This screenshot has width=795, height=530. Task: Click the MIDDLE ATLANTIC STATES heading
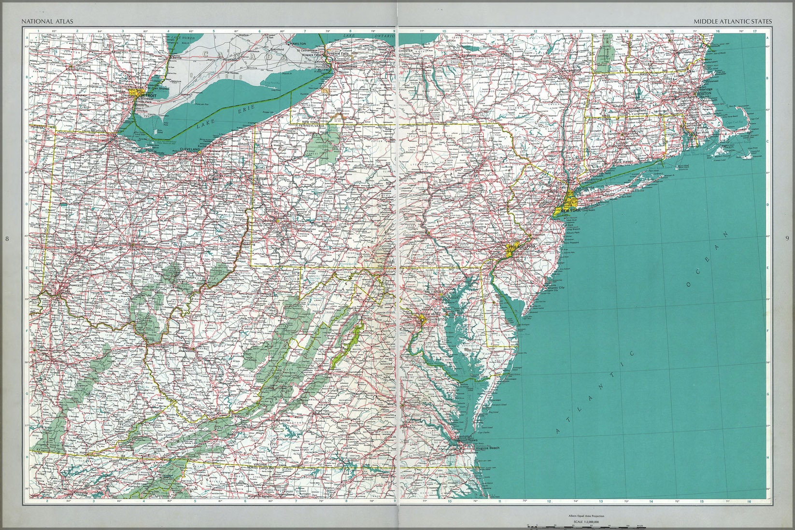732,21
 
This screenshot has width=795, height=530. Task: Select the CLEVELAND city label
189,150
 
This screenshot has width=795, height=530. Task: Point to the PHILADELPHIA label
522,247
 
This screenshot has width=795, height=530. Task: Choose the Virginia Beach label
488,448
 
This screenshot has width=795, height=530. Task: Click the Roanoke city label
282,420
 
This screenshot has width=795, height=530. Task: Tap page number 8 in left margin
6,238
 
